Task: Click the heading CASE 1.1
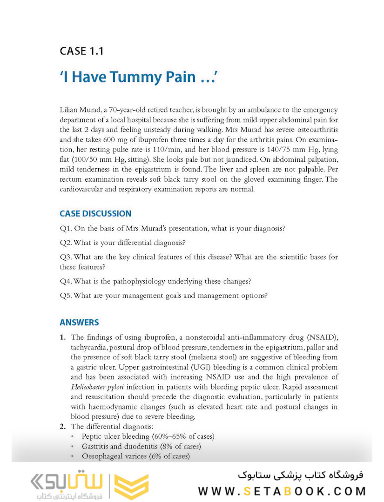[x=81, y=51]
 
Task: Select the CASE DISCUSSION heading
[x=95, y=214]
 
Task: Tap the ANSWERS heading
[x=79, y=323]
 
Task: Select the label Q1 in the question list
[x=66, y=229]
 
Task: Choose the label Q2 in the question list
[x=66, y=243]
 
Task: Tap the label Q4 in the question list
[x=66, y=281]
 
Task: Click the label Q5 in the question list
[x=66, y=295]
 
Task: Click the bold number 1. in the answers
[x=63, y=337]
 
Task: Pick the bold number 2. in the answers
[x=63, y=426]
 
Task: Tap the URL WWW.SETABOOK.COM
[x=282, y=491]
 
